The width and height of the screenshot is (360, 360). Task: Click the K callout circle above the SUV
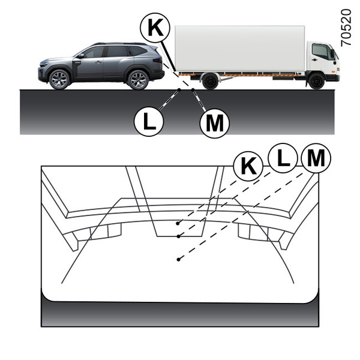click(155, 28)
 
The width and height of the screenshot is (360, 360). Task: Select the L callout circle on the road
click(149, 121)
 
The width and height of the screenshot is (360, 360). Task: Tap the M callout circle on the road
click(215, 123)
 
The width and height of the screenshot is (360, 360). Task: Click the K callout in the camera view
click(248, 166)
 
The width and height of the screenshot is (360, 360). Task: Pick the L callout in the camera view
click(283, 158)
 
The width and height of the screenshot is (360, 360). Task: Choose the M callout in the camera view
click(316, 158)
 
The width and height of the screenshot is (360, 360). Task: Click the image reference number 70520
click(346, 28)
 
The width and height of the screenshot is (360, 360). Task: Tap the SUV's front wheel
click(59, 79)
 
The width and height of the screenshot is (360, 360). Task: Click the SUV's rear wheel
click(138, 79)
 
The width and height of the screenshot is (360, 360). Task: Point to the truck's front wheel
click(316, 81)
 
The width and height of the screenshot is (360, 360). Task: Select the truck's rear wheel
click(210, 81)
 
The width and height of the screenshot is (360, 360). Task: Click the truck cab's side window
click(320, 52)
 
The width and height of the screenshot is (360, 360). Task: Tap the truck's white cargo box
click(240, 49)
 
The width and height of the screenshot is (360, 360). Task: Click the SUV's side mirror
click(80, 56)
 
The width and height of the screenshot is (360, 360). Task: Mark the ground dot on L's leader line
click(179, 89)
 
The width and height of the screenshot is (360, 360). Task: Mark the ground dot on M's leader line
click(193, 89)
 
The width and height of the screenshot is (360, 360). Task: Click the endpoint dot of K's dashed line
click(178, 223)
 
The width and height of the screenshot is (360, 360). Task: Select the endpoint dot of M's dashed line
click(178, 259)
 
